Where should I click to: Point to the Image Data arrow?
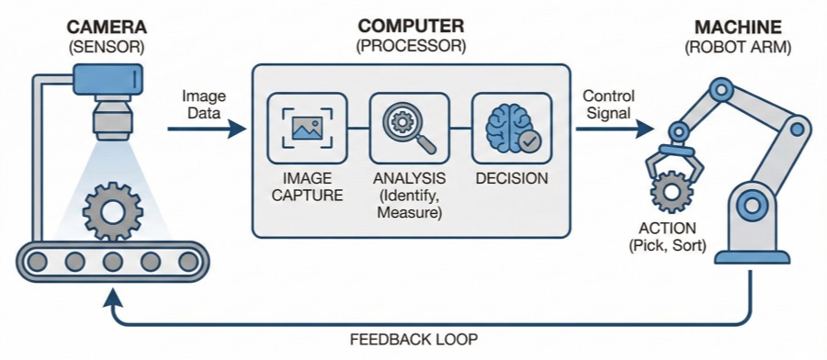coord(207,130)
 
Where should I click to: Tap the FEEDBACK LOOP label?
coord(413,340)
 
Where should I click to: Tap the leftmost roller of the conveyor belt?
coord(39,262)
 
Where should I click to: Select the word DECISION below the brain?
coord(512,178)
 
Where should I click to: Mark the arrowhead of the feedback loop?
coord(112,296)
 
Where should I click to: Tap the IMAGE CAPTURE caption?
coord(307,186)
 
